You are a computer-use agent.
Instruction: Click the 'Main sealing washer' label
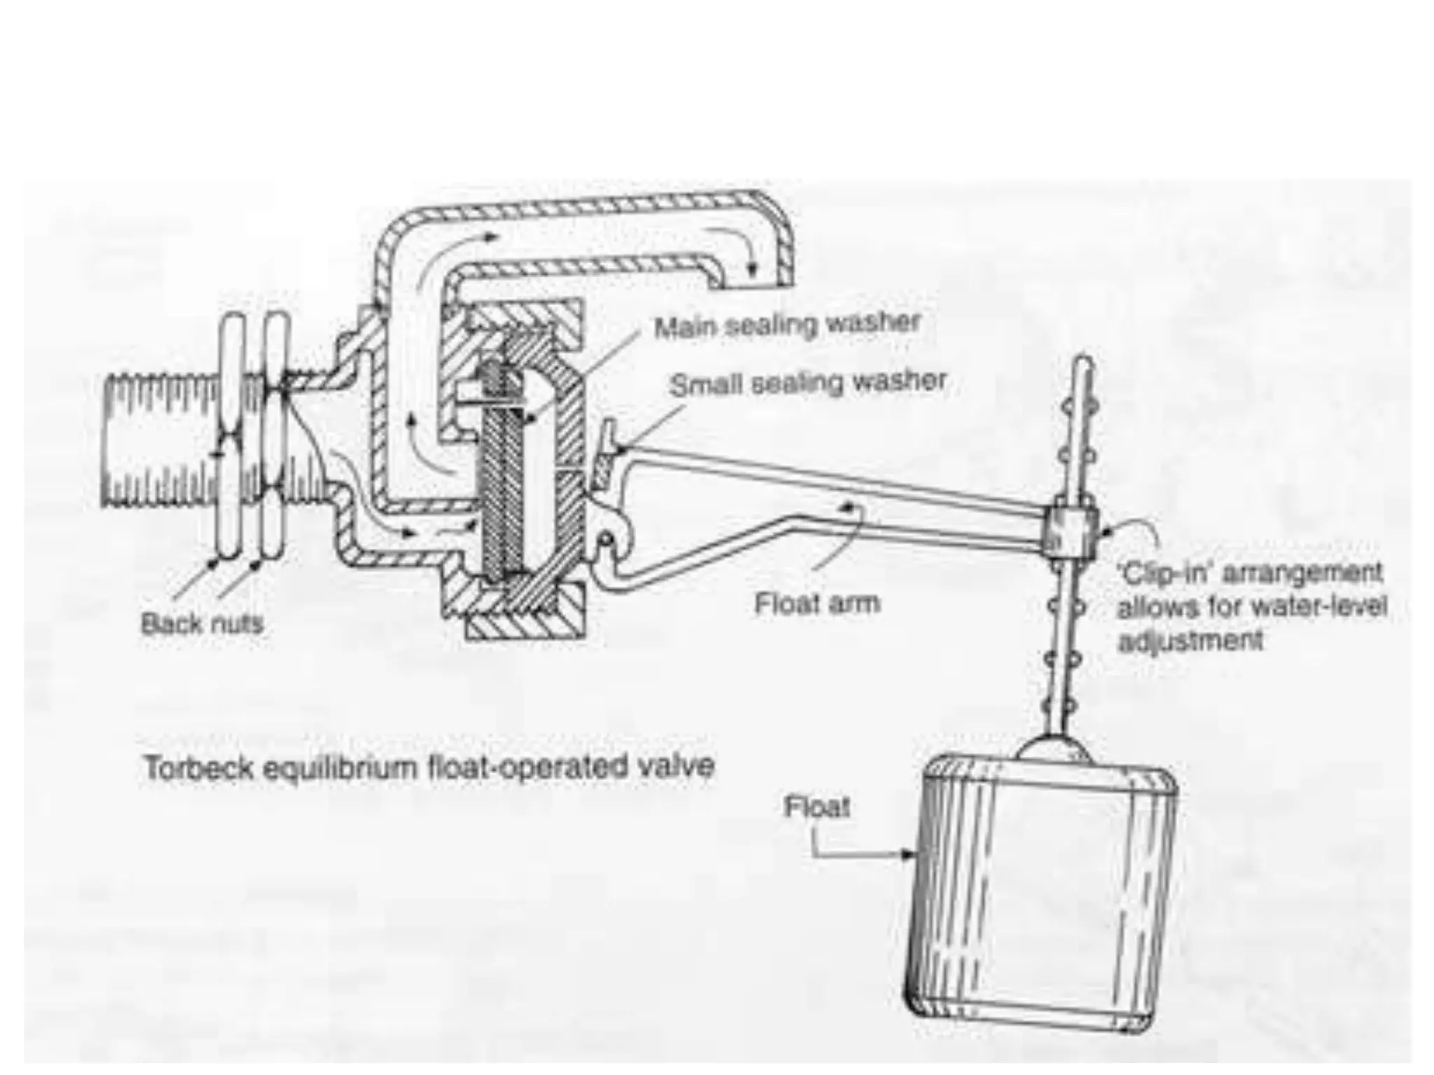[786, 325]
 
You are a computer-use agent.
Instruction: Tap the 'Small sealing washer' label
[807, 383]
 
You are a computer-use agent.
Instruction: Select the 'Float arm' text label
[816, 603]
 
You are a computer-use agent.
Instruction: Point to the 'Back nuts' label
[202, 622]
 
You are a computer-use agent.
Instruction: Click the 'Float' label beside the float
[816, 807]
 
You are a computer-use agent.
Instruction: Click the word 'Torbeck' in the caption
[197, 768]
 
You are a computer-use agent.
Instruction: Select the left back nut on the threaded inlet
[230, 437]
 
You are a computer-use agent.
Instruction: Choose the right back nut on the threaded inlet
[275, 437]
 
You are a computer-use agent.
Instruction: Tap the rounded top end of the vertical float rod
[1083, 365]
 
